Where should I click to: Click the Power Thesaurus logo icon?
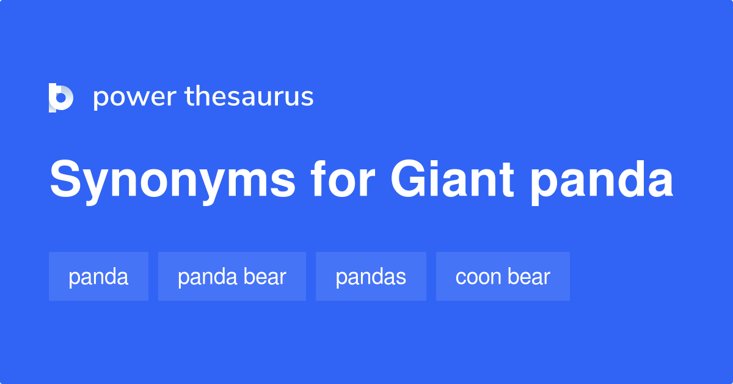[61, 97]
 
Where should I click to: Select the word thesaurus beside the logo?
[249, 97]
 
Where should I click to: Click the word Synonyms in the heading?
[172, 182]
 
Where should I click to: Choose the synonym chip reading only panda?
[98, 277]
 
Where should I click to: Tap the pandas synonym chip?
[371, 277]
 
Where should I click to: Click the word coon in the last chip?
[478, 277]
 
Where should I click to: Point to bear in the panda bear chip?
[265, 277]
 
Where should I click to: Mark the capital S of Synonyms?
[65, 180]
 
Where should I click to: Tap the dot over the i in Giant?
[439, 164]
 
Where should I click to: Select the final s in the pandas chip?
[401, 278]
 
